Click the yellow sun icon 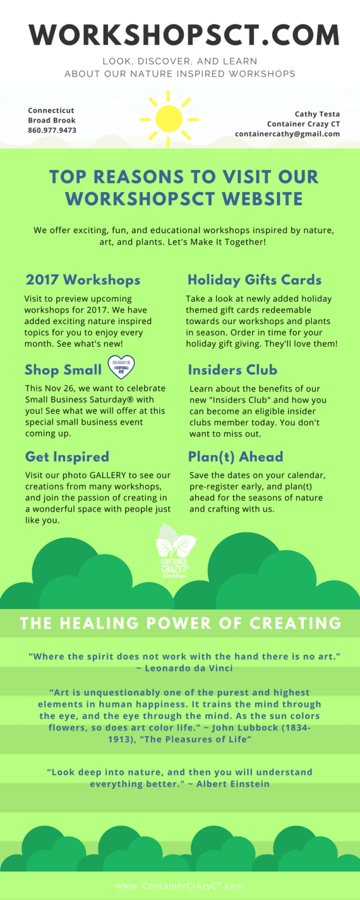[169, 118]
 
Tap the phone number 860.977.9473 [52, 131]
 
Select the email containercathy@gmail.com [287, 134]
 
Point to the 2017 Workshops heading [83, 280]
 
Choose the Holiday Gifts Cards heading [254, 280]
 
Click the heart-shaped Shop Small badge [121, 367]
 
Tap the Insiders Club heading [232, 370]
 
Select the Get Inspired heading [67, 457]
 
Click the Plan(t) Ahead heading [236, 457]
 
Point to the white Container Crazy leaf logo [176, 549]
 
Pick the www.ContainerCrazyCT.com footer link [179, 885]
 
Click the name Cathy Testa [317, 114]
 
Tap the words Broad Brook [52, 121]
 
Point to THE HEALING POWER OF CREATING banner [180, 623]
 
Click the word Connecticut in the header [51, 110]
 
